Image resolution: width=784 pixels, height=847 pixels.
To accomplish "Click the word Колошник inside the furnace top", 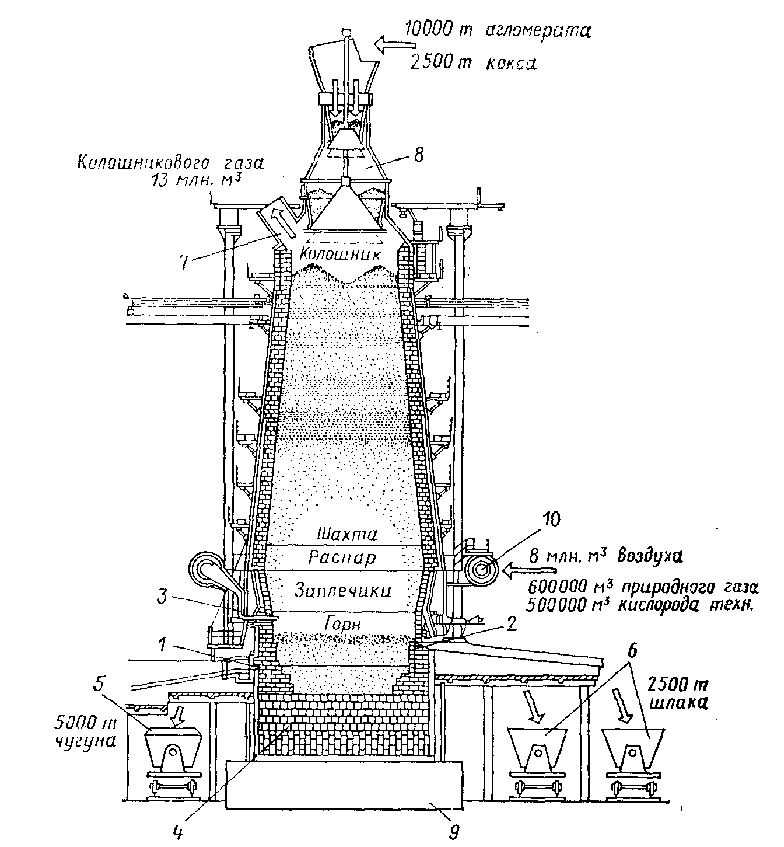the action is tap(339, 254).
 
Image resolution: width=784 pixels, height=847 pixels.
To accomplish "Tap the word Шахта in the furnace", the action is tap(348, 534).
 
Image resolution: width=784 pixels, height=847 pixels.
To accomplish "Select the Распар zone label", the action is tap(343, 558).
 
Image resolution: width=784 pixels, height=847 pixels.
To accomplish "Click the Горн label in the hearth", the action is tap(343, 625).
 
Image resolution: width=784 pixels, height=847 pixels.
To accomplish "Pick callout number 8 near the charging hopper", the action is tap(419, 155).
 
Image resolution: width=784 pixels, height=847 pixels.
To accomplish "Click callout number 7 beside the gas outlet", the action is tap(184, 263).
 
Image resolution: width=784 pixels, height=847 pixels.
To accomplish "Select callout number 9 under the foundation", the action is tap(454, 831).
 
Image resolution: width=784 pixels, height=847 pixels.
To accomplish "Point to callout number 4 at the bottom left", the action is tap(178, 831).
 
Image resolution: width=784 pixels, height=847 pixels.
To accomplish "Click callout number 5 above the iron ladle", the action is tap(99, 685).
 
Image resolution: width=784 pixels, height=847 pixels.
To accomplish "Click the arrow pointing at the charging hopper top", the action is tap(394, 44).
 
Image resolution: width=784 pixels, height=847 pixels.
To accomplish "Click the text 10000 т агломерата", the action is tap(497, 30).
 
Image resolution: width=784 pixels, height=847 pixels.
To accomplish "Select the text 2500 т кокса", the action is tap(473, 63).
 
